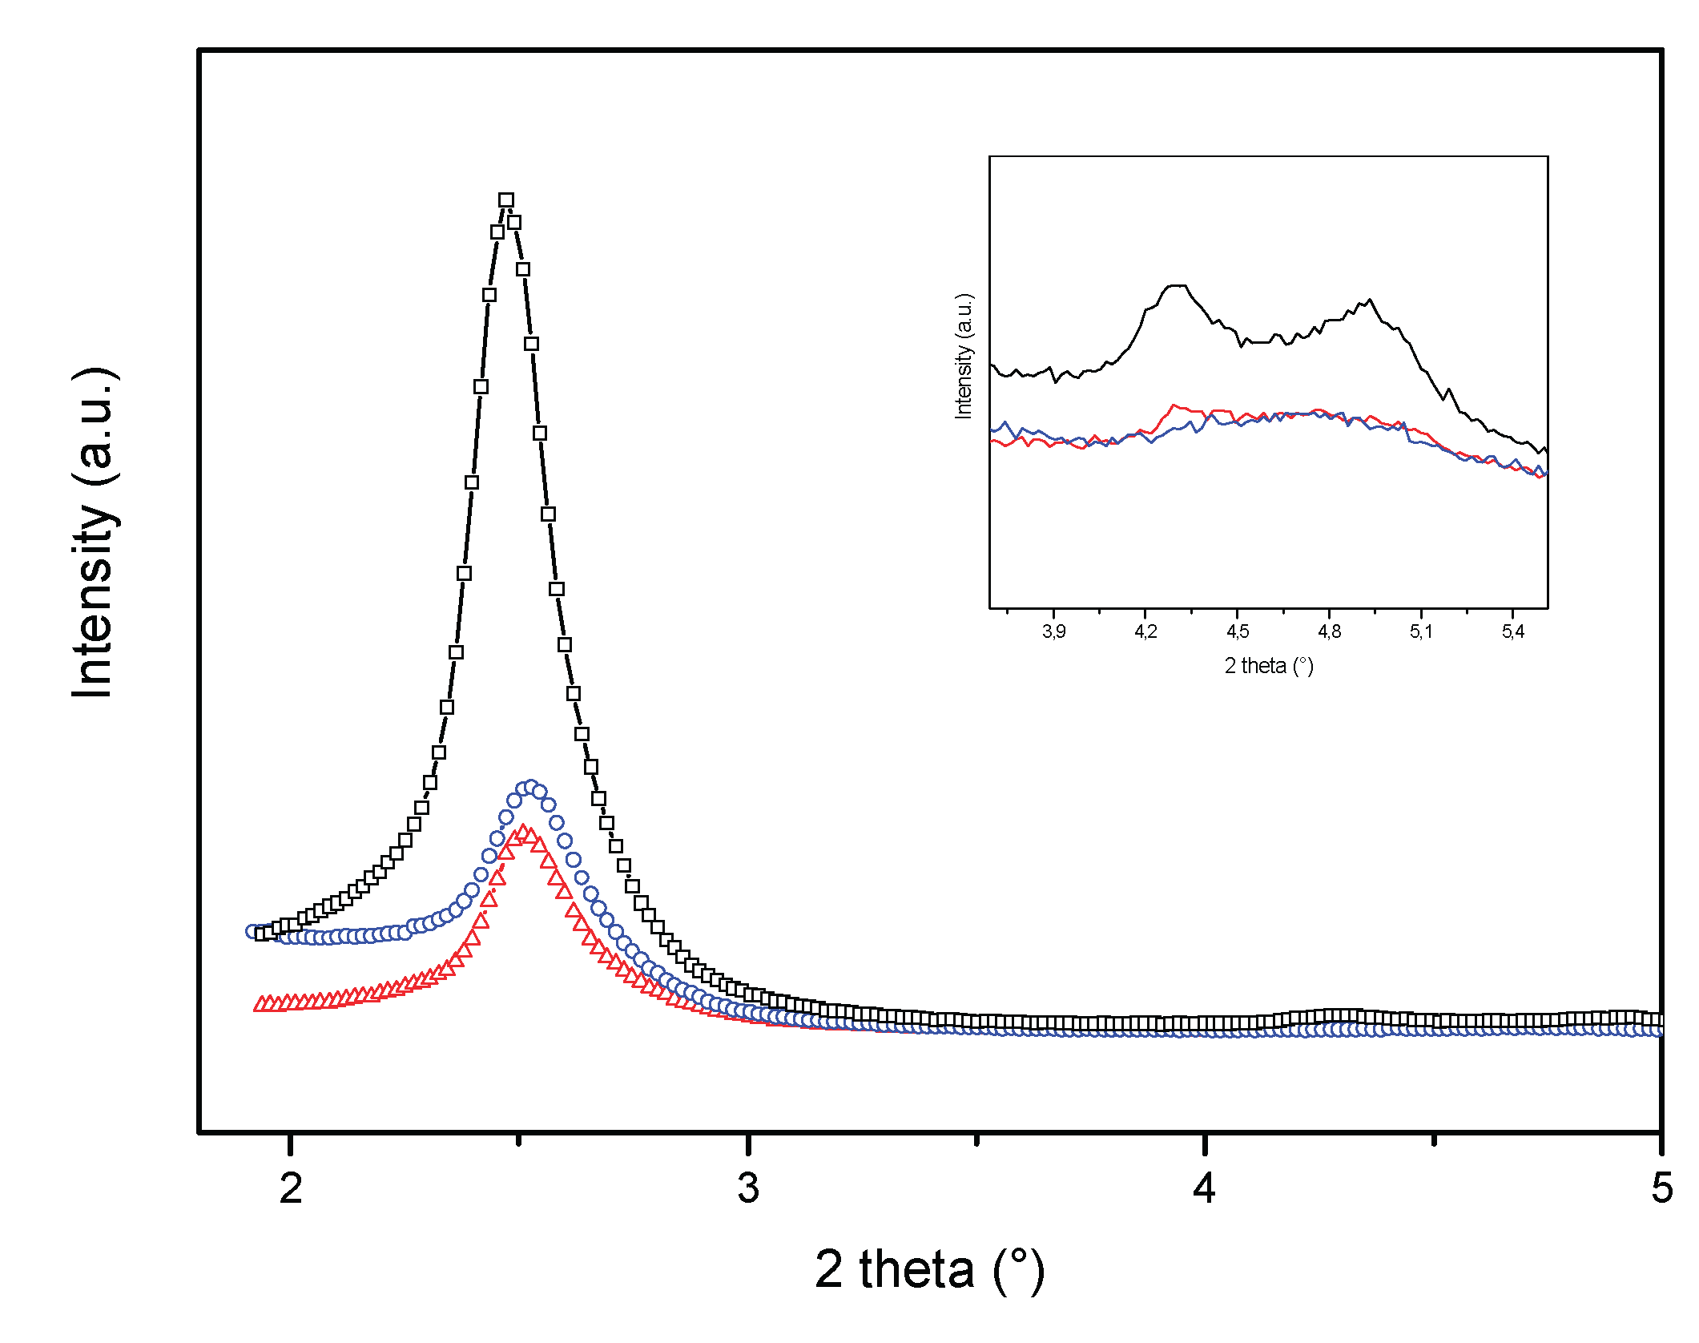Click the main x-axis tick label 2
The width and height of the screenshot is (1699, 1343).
[x=291, y=1188]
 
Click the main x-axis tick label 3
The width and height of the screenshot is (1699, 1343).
[x=748, y=1188]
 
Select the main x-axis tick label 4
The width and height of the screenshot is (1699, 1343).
[x=1204, y=1188]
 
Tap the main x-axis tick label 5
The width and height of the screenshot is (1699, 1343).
[x=1661, y=1188]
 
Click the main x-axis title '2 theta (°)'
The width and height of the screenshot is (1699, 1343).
[x=929, y=1271]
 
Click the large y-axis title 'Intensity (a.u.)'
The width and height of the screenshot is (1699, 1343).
[x=95, y=533]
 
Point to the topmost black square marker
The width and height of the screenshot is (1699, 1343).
[x=506, y=200]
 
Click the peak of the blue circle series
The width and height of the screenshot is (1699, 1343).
[x=530, y=787]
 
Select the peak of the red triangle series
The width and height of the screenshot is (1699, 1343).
[x=523, y=833]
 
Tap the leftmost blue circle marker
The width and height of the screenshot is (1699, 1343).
[x=252, y=931]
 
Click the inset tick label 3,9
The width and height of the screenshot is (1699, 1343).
[x=1053, y=631]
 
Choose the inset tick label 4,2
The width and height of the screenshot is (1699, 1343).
[x=1145, y=631]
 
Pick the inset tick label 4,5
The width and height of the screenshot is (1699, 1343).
[x=1238, y=631]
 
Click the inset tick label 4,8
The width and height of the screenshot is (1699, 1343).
[x=1329, y=631]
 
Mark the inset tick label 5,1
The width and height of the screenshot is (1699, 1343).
[x=1421, y=631]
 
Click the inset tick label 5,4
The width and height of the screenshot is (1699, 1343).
[x=1512, y=631]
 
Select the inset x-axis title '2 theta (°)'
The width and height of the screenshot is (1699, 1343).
[x=1269, y=666]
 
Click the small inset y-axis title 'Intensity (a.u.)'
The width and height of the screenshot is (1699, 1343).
[x=964, y=356]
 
